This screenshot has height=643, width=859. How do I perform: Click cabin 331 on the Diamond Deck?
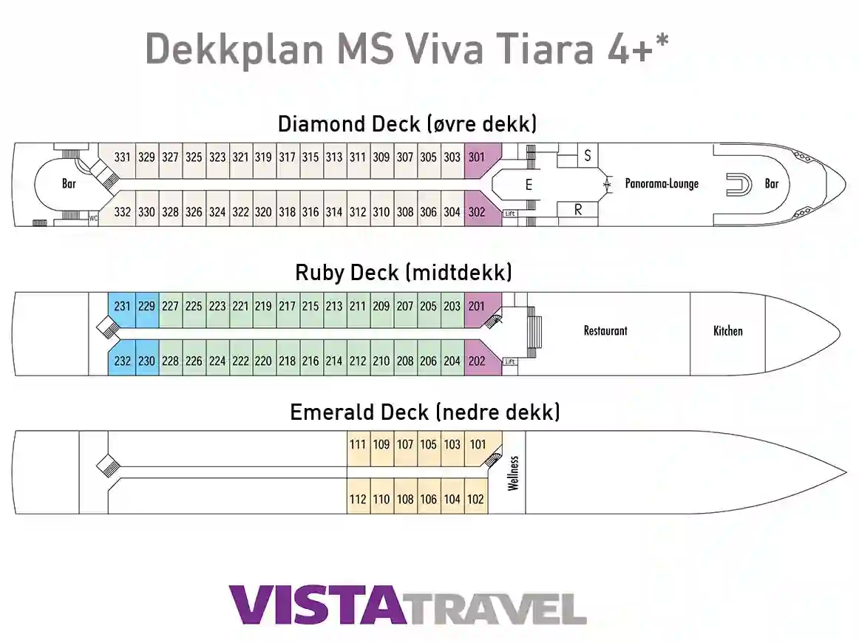123,157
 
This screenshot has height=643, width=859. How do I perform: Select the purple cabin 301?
477,157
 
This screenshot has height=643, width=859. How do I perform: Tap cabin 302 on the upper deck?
477,212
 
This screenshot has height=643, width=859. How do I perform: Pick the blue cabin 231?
123,306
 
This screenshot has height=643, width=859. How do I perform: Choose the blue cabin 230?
147,361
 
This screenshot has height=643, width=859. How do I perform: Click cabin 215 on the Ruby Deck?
310,306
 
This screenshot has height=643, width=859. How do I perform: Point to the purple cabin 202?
477,361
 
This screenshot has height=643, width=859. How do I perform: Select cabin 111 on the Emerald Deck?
358,445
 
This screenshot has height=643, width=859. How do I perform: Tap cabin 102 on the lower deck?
475,500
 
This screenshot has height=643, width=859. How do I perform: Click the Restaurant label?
605,331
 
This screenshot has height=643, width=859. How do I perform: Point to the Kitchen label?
727,331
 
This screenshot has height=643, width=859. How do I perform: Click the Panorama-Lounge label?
662,184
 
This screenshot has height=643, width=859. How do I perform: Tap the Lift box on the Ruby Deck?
510,362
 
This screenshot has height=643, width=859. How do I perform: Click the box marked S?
588,156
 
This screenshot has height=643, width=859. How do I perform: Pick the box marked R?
578,211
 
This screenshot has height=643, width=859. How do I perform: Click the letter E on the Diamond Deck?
529,186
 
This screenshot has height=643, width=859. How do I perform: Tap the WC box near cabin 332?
93,218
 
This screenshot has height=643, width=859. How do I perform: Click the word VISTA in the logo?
317,605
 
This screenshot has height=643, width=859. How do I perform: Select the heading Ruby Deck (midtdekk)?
403,273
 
